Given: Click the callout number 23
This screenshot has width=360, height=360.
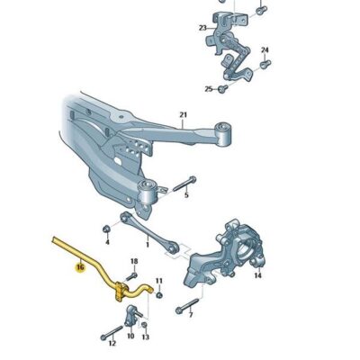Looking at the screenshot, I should click(x=202, y=28).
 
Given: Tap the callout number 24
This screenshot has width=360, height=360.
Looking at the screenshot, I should click(x=265, y=49).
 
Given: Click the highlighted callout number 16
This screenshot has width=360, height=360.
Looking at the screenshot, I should click(x=80, y=266).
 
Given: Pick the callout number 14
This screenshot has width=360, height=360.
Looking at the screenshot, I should click(x=258, y=275).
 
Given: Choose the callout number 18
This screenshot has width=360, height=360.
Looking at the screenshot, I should click(x=134, y=262).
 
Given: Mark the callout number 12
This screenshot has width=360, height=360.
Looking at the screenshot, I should click(x=112, y=343).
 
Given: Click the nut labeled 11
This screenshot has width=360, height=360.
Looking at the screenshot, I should click(x=158, y=294).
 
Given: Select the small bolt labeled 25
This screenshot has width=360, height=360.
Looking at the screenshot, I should click(x=224, y=88).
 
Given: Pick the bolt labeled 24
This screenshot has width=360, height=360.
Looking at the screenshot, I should click(x=265, y=65).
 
